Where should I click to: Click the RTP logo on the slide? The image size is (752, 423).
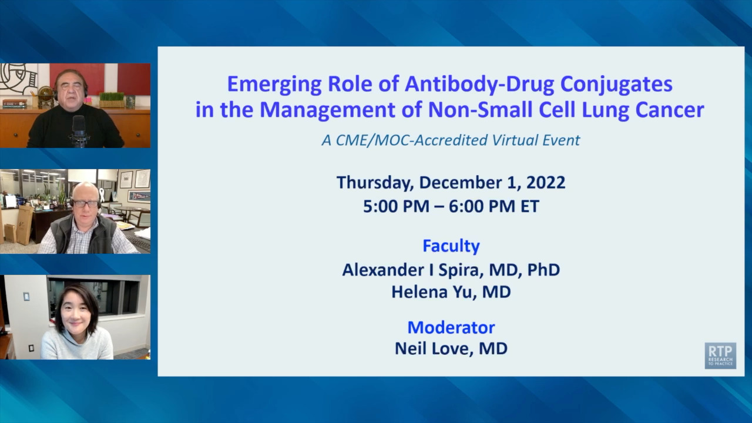[x=720, y=355]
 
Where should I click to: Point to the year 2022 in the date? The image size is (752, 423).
[x=546, y=183]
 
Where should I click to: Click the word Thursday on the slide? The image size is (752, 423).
[x=375, y=183]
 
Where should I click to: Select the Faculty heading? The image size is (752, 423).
[x=451, y=246]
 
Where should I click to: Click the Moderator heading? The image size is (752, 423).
[x=451, y=328]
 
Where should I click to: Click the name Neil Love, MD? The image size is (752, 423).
[x=451, y=349]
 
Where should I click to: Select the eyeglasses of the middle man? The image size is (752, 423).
[x=86, y=203]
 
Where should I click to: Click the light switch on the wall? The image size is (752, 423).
[x=26, y=297]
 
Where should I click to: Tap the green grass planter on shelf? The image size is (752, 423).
[x=112, y=100]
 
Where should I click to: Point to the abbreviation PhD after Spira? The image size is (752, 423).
[x=543, y=270]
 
